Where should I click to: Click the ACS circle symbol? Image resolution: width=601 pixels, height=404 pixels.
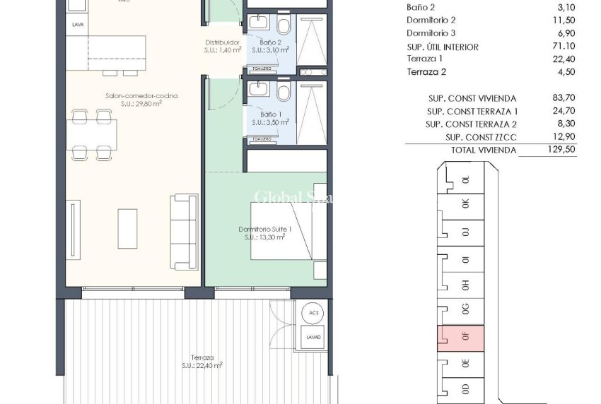313,313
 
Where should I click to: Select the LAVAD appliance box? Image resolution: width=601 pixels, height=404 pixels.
313,337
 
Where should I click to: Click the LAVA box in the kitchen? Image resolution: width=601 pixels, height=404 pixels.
78,25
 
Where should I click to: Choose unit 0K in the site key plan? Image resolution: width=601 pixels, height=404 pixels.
464,203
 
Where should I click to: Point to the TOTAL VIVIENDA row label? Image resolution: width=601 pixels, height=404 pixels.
484,150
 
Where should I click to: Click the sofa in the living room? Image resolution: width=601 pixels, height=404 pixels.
184,231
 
